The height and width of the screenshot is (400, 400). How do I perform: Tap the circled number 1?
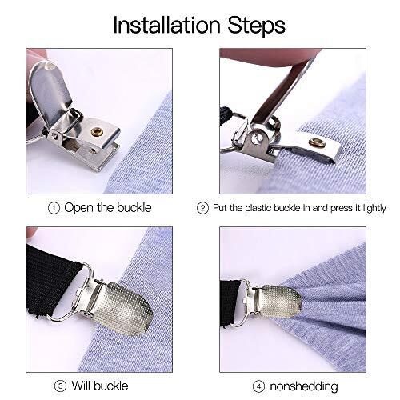(x=54, y=208)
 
